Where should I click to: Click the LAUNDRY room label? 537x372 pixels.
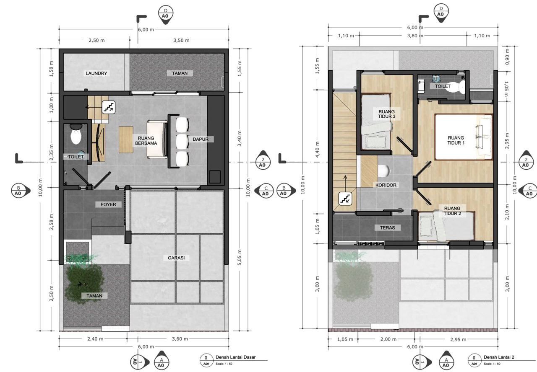pyautogui.click(x=96, y=73)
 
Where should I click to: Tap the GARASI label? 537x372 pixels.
pyautogui.click(x=176, y=258)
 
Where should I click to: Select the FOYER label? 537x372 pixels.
pyautogui.click(x=108, y=204)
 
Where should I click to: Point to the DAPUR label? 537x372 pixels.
pyautogui.click(x=201, y=139)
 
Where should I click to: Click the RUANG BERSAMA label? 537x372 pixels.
pyautogui.click(x=146, y=141)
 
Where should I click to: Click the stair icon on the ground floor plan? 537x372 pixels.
pyautogui.click(x=109, y=107)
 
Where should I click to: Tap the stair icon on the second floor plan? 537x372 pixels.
pyautogui.click(x=345, y=199)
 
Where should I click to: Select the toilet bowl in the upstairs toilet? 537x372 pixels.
pyautogui.click(x=461, y=88)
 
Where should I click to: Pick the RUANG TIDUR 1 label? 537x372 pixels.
pyautogui.click(x=456, y=140)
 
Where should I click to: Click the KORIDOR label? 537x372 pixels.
pyautogui.click(x=386, y=185)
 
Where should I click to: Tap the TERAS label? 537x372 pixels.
pyautogui.click(x=387, y=227)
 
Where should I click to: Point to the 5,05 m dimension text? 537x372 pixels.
pyautogui.click(x=240, y=257)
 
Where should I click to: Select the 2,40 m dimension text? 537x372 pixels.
pyautogui.click(x=95, y=339)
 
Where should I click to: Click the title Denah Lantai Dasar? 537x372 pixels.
pyautogui.click(x=236, y=357)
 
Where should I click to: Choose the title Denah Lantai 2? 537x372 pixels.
pyautogui.click(x=499, y=357)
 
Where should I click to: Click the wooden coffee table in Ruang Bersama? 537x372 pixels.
pyautogui.click(x=126, y=139)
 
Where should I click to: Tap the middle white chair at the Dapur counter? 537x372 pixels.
pyautogui.click(x=182, y=142)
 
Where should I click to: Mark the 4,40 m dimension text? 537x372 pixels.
pyautogui.click(x=317, y=150)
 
